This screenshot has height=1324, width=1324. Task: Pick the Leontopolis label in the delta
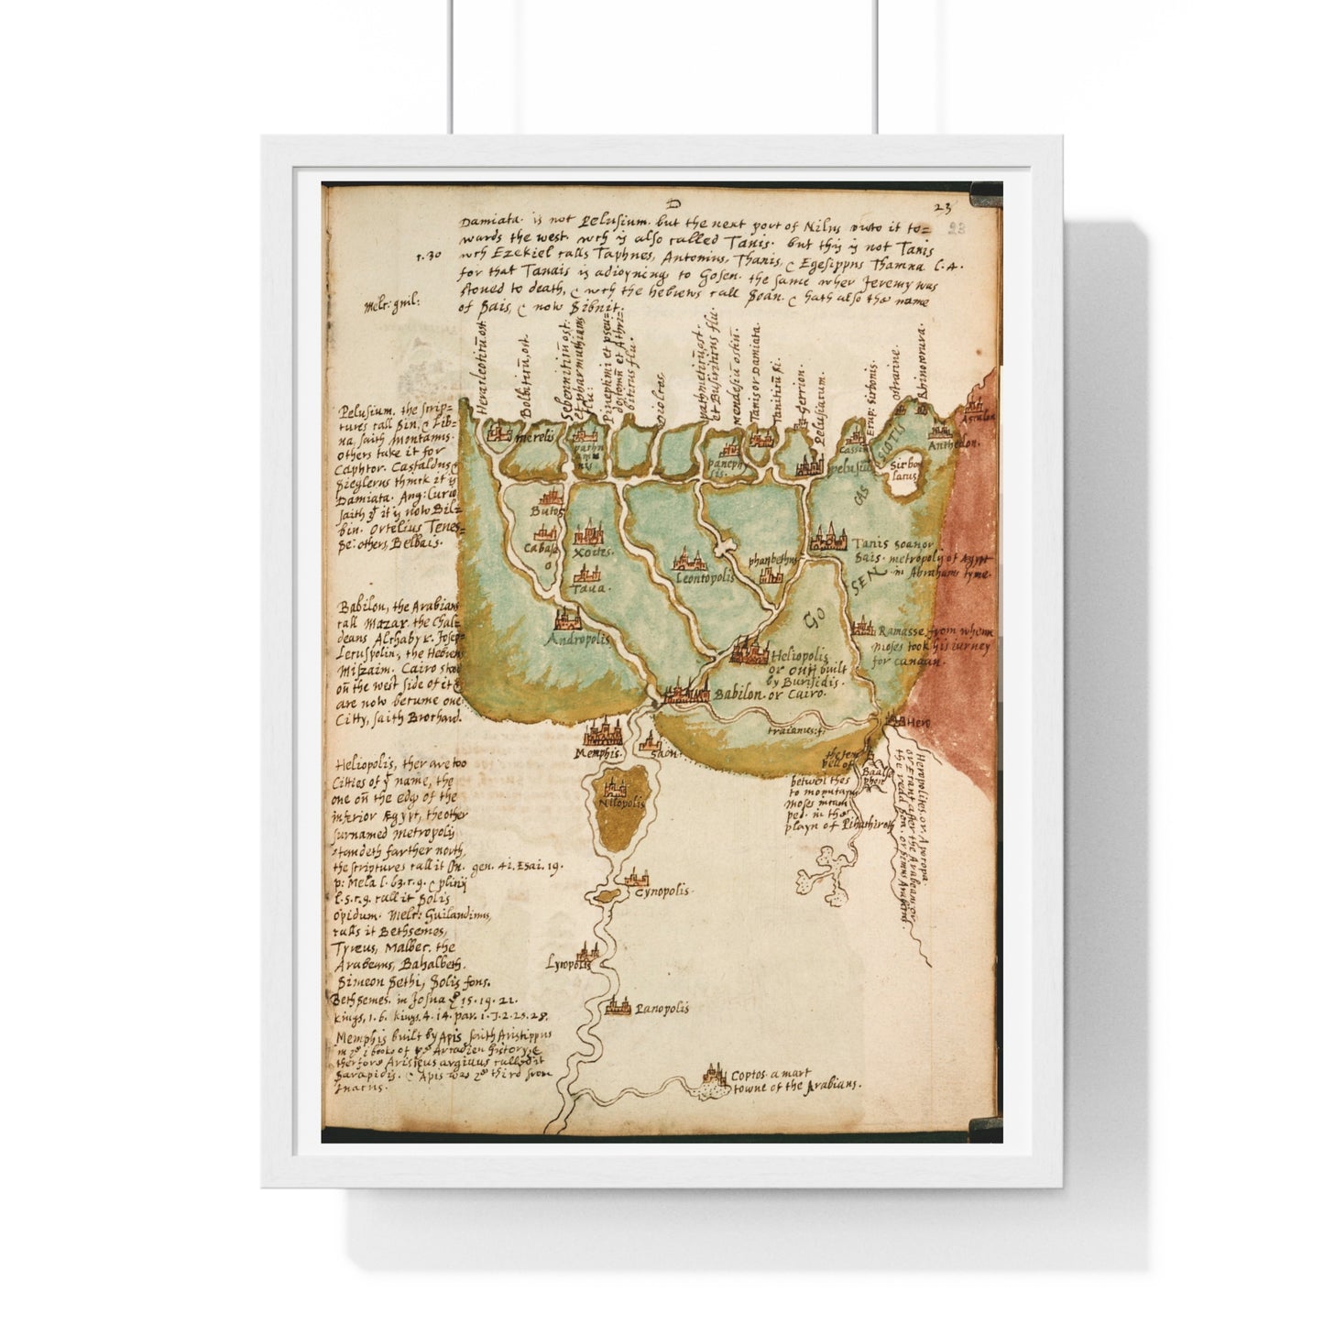point(705,578)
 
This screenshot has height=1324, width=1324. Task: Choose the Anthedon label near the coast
point(954,443)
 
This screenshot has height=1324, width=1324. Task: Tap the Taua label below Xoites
point(585,592)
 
